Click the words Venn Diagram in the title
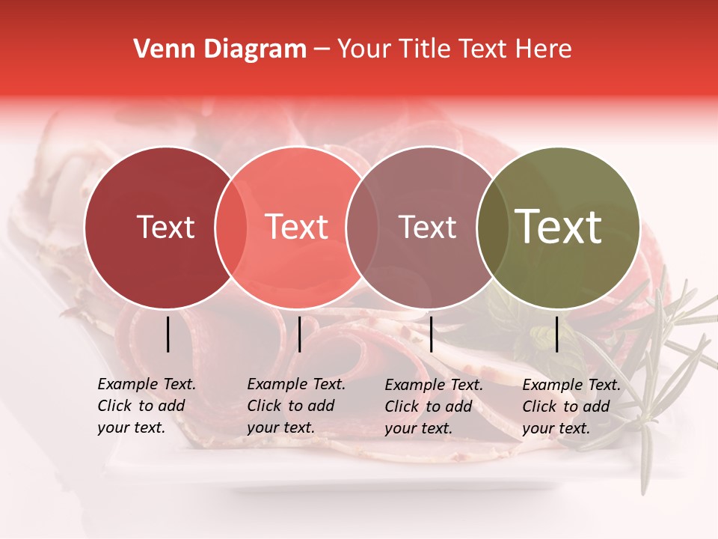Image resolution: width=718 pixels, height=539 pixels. click(x=220, y=49)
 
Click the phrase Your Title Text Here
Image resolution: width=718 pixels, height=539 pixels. click(x=454, y=49)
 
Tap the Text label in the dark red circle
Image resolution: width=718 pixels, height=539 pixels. click(x=165, y=227)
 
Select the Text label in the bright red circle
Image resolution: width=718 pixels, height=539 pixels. click(x=297, y=227)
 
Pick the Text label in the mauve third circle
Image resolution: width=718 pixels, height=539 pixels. click(x=427, y=227)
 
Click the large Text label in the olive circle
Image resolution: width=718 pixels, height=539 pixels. click(x=559, y=226)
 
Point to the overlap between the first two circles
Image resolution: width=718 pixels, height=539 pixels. click(x=231, y=228)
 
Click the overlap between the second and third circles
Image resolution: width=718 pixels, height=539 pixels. click(x=362, y=228)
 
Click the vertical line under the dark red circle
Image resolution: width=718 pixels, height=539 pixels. click(x=168, y=334)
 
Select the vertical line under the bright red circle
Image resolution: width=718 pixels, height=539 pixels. click(x=299, y=334)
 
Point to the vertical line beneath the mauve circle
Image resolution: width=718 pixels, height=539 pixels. click(x=431, y=334)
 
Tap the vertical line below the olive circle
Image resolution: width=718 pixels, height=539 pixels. click(x=557, y=334)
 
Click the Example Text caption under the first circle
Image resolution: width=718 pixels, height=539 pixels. click(x=146, y=406)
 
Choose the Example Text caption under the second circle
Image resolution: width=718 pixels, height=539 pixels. click(x=295, y=406)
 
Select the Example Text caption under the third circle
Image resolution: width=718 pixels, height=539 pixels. click(x=433, y=406)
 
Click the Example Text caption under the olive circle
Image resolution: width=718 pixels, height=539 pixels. click(x=571, y=406)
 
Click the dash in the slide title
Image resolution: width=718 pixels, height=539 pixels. click(x=322, y=49)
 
